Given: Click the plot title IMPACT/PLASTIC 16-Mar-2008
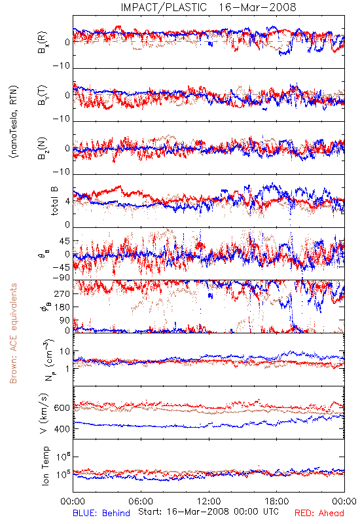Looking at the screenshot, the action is pyautogui.click(x=208, y=7).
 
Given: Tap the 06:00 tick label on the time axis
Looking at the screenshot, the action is pyautogui.click(x=141, y=501).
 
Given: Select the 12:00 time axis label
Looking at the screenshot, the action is pyautogui.click(x=209, y=501).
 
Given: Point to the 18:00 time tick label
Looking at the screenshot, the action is pyautogui.click(x=277, y=501).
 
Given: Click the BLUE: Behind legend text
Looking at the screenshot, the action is pyautogui.click(x=101, y=513).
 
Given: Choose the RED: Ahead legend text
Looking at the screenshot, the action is pyautogui.click(x=319, y=513).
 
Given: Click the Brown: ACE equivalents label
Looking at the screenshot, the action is pyautogui.click(x=13, y=333).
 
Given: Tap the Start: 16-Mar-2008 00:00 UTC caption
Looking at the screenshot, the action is pyautogui.click(x=209, y=512).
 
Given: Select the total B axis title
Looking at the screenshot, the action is pyautogui.click(x=54, y=201).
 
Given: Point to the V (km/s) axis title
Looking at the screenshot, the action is pyautogui.click(x=44, y=413).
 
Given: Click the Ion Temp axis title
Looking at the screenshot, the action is pyautogui.click(x=45, y=466).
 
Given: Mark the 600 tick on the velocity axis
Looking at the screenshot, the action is pyautogui.click(x=62, y=408).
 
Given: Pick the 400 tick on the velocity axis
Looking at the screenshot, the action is pyautogui.click(x=62, y=429).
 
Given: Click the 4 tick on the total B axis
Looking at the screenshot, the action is pyautogui.click(x=67, y=202).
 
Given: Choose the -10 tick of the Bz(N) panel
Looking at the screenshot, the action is pyautogui.click(x=61, y=172).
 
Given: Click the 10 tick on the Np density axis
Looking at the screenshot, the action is pyautogui.click(x=65, y=351).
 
